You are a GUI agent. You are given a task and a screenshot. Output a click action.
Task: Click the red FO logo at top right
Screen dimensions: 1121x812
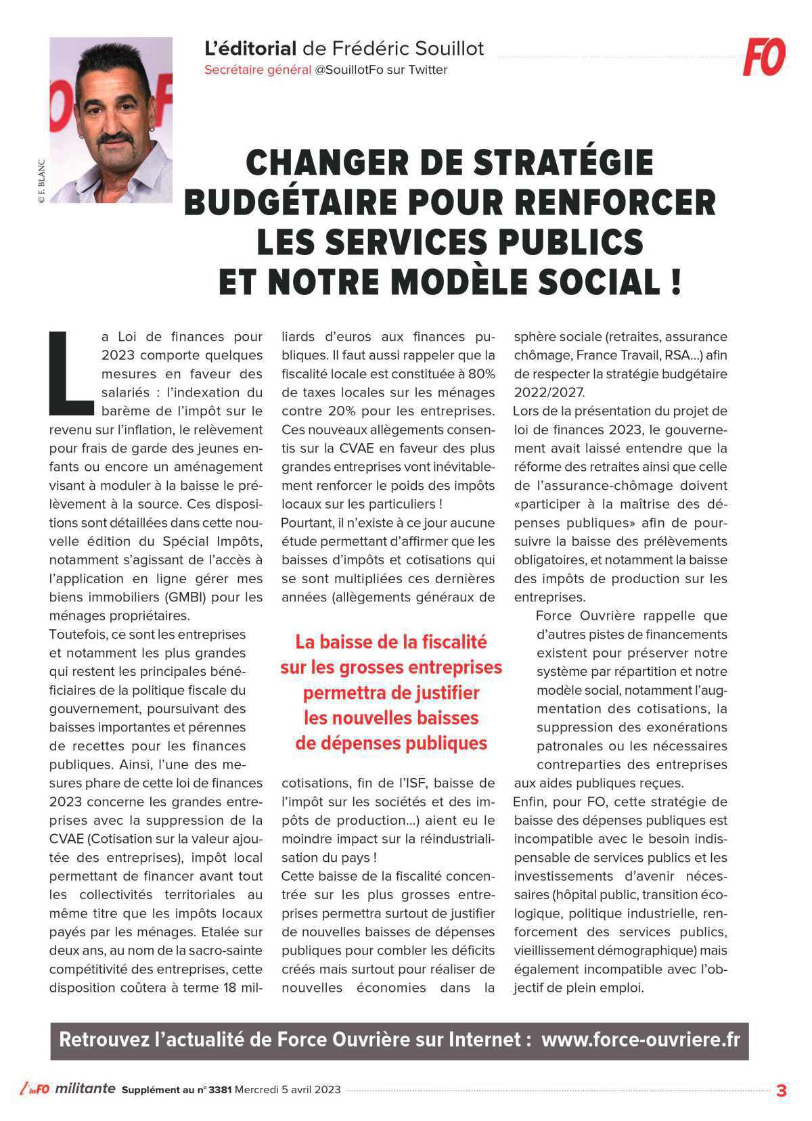coord(764,57)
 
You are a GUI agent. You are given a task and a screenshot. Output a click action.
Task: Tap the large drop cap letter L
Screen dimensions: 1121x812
coord(70,373)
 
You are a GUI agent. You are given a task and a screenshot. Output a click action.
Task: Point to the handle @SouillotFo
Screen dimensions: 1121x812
coord(349,70)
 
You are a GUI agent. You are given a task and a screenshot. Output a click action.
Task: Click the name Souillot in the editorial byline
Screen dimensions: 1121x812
coord(450,49)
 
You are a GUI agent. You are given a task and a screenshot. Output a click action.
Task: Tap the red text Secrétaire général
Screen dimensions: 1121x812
coord(258,70)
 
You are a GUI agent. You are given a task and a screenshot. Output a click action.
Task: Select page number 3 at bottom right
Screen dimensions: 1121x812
coord(782,1091)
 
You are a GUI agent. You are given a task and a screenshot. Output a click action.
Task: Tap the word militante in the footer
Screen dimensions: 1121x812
coord(85,1089)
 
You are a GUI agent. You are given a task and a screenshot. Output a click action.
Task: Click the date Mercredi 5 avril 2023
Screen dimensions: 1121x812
coord(288,1090)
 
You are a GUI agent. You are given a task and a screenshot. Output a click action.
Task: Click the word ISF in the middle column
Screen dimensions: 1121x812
coord(413,783)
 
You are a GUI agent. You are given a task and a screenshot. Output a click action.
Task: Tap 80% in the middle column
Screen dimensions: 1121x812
coord(480,374)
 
